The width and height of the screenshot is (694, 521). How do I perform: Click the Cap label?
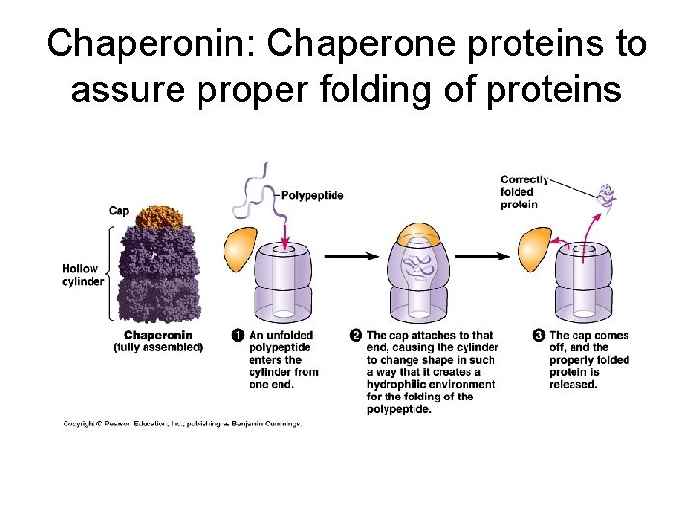point(119,211)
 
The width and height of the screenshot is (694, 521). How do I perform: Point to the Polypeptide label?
point(312,195)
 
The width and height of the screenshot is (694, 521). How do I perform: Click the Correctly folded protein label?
point(524,192)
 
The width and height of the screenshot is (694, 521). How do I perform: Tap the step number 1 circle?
point(238,335)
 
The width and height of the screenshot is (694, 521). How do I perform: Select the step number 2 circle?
point(356,335)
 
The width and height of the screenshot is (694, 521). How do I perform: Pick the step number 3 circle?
point(538,335)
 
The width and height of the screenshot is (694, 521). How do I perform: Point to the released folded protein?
point(607,198)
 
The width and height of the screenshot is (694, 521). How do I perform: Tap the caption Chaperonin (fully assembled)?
point(158,342)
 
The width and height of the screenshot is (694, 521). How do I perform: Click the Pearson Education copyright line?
point(182,424)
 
